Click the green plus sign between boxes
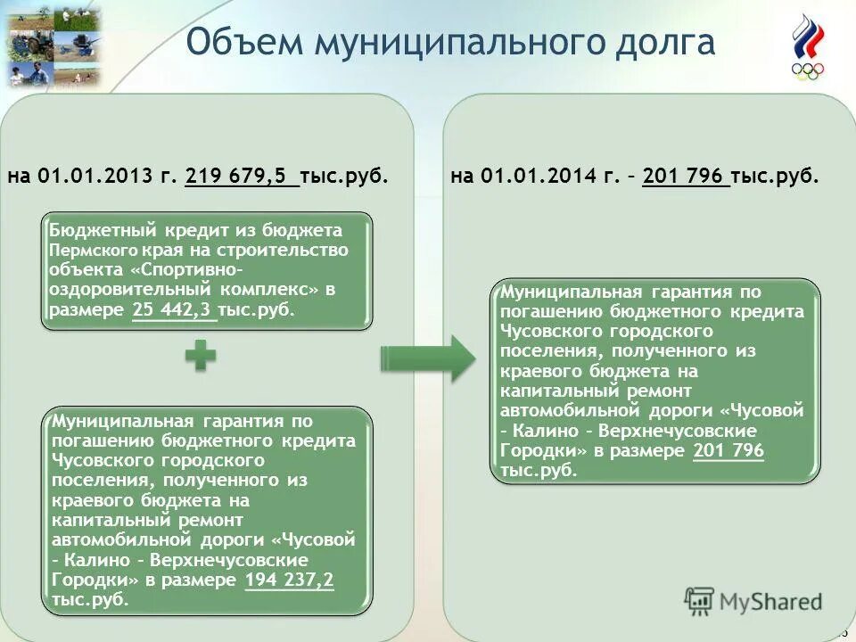pyautogui.click(x=202, y=358)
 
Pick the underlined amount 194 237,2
pyautogui.click(x=289, y=580)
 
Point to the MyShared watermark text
pyautogui.click(x=771, y=601)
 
